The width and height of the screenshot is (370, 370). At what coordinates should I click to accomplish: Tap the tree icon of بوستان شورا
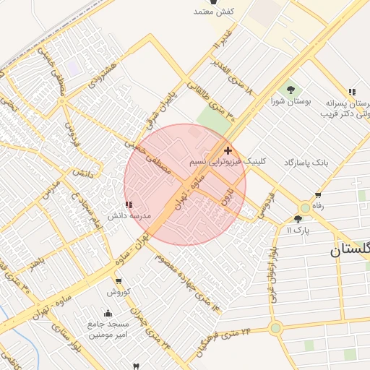click(x=291, y=90)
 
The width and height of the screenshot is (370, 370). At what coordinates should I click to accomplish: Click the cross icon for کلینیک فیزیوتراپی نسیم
click(x=228, y=150)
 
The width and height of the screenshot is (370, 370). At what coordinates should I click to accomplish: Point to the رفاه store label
click(x=316, y=205)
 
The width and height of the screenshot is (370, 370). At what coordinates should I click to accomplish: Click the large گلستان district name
click(x=350, y=250)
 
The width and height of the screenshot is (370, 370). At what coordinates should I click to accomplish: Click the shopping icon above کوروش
click(x=119, y=281)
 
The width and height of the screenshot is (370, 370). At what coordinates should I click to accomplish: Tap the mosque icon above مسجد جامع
click(x=108, y=314)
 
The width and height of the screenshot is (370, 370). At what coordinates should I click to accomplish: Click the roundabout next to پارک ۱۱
click(x=306, y=207)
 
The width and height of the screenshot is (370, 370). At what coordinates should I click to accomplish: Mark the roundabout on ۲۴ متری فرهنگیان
click(x=275, y=328)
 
